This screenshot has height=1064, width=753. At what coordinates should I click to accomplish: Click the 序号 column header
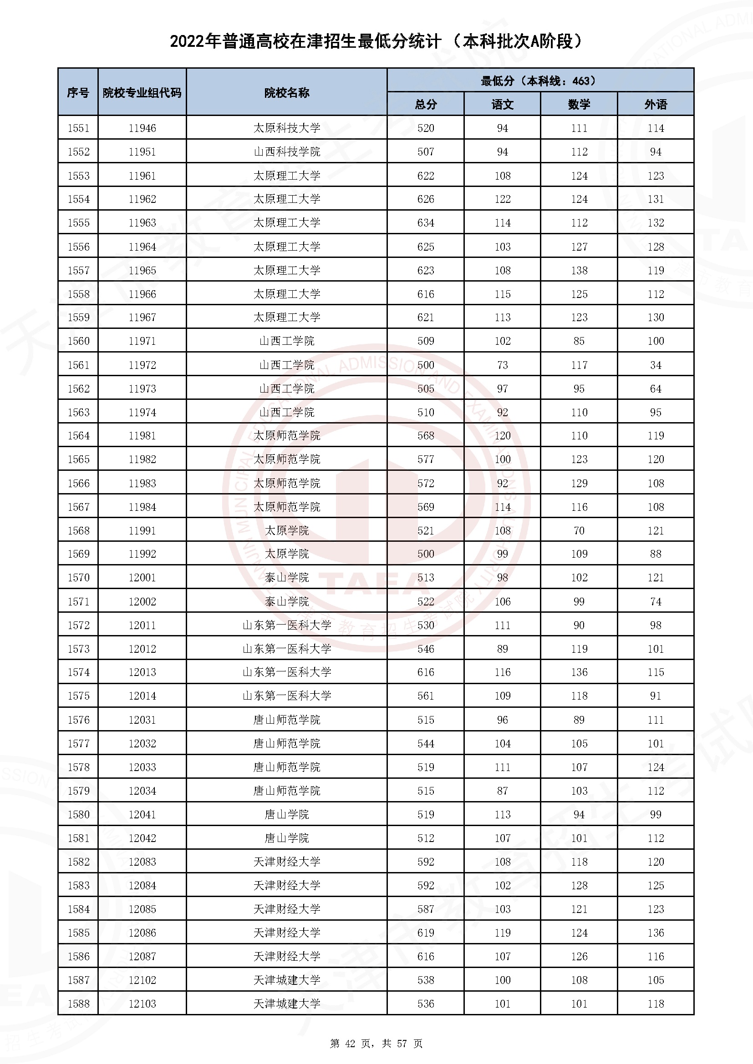[x=78, y=93]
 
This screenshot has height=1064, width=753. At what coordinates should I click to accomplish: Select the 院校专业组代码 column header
[x=142, y=93]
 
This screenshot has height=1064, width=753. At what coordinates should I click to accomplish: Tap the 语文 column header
[x=502, y=104]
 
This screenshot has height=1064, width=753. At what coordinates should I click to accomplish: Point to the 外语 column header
[x=656, y=104]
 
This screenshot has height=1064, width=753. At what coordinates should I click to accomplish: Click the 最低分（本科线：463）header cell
[x=540, y=81]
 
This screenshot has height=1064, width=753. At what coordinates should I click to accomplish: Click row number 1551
[x=78, y=128]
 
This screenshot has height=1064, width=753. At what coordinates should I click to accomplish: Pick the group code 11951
[x=142, y=151]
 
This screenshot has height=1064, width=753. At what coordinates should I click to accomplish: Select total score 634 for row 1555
[x=426, y=223]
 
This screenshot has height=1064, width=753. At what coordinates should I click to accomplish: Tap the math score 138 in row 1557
[x=579, y=270]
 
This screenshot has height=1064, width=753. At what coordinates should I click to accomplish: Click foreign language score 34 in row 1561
[x=656, y=365]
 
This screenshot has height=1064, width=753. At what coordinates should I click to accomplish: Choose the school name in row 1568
[x=286, y=530]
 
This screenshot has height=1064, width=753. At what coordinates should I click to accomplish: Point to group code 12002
[x=142, y=601]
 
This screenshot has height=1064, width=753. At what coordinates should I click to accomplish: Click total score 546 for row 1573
[x=426, y=649]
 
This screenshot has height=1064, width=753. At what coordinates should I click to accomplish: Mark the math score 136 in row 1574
[x=579, y=672]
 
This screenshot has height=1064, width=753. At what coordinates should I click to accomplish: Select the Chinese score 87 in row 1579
[x=502, y=791]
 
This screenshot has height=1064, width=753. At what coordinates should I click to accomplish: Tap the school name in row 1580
[x=286, y=814]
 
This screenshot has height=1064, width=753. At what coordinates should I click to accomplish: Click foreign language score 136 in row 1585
[x=656, y=933]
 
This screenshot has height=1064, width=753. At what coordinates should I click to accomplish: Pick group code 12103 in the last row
[x=142, y=1004]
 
